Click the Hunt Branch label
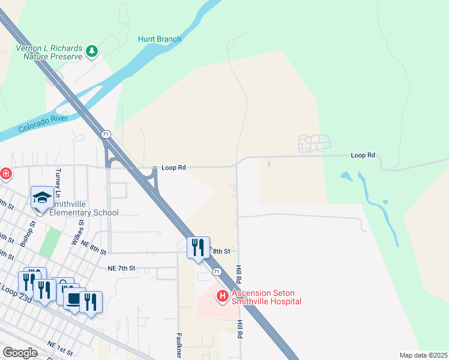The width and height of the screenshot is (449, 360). point(160,40)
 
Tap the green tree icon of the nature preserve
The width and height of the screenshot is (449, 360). point(92,52)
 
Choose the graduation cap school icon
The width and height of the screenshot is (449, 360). point(42,197)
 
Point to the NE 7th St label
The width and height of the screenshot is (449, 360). point(122,268)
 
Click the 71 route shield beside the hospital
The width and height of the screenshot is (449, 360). point(217,272)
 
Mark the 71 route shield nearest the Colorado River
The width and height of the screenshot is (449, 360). point(106,134)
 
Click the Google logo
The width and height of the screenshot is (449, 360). point(20,353)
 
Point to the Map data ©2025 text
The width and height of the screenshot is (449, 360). point(423,355)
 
